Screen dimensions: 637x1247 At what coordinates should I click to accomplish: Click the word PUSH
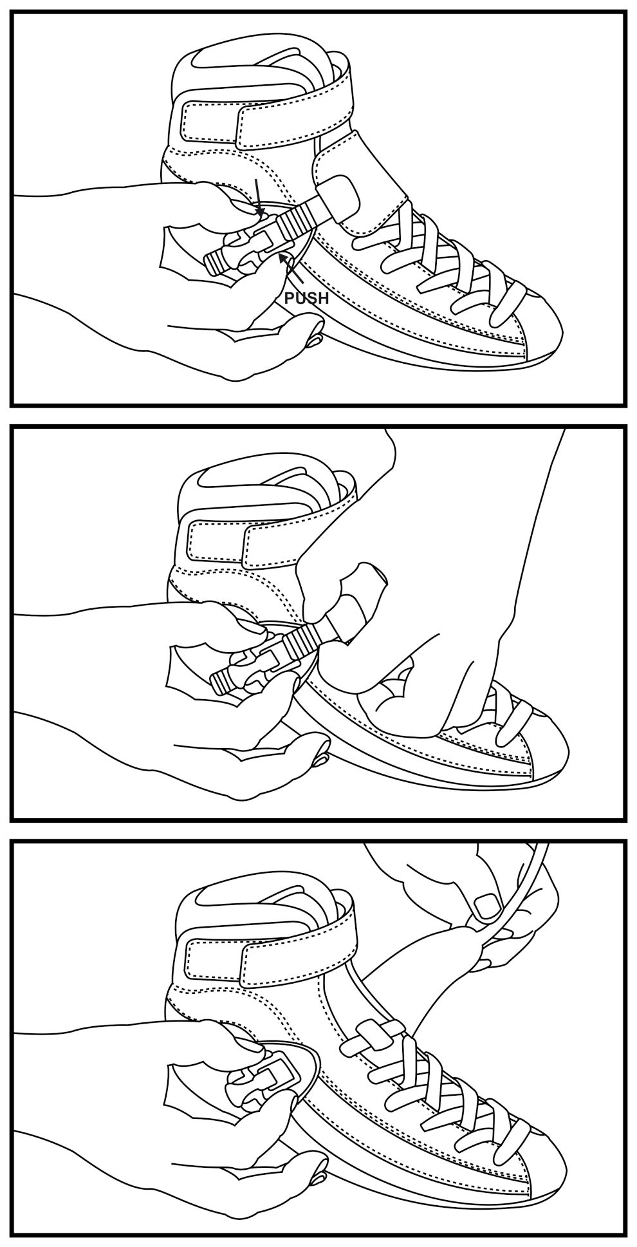point(306,297)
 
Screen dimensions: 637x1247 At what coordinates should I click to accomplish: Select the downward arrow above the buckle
point(257,198)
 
